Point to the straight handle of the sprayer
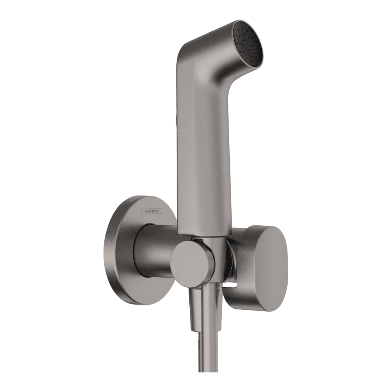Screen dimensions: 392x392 [x=203, y=155]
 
